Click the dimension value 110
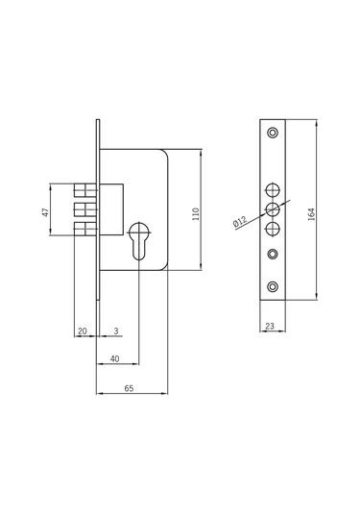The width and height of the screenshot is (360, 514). [196, 213]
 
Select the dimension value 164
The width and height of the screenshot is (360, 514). [311, 213]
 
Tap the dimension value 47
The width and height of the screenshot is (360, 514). [45, 212]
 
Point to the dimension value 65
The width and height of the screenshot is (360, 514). [129, 388]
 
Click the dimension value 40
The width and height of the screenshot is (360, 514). [114, 359]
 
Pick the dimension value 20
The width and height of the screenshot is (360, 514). [83, 331]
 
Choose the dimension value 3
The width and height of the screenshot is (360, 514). [116, 331]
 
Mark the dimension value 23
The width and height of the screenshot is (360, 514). [270, 326]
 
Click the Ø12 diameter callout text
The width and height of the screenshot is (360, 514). [240, 222]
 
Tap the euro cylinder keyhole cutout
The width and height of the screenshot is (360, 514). [139, 240]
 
